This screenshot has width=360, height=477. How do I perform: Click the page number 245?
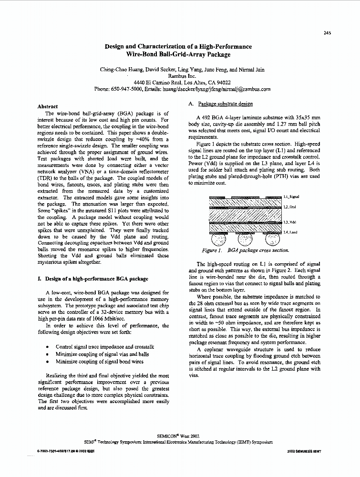pyautogui.click(x=327, y=33)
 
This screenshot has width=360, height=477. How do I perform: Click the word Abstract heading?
pyautogui.click(x=48, y=106)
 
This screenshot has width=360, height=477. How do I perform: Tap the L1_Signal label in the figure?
pyautogui.click(x=291, y=197)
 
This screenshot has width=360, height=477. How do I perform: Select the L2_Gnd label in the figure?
pyautogui.click(x=289, y=207)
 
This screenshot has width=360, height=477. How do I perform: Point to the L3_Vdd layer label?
pyautogui.click(x=289, y=222)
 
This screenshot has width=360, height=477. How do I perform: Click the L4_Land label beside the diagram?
pyautogui.click(x=290, y=232)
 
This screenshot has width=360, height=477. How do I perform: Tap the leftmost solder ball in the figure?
pyautogui.click(x=219, y=238)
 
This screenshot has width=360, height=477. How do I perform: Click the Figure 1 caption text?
pyautogui.click(x=245, y=250)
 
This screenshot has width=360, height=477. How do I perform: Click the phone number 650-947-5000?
pyautogui.click(x=130, y=89)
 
